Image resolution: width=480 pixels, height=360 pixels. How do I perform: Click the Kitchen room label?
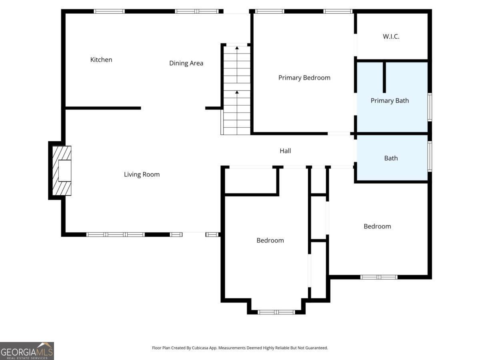(x=101, y=60)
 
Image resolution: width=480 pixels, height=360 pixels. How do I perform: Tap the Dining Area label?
(x=186, y=63)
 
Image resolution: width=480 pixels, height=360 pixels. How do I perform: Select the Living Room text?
(x=142, y=174)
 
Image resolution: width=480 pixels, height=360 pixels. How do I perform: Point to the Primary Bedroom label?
(x=304, y=78)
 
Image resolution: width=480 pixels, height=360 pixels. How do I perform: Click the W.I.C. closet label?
(x=391, y=36)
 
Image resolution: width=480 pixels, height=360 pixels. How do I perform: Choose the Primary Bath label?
(x=390, y=100)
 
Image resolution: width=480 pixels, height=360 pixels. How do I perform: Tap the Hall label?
(x=285, y=151)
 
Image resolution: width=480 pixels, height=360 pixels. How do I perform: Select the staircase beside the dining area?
(x=237, y=90)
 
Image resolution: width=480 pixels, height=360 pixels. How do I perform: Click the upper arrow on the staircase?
(x=237, y=48)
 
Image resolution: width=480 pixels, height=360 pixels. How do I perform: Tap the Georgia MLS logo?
(x=27, y=351)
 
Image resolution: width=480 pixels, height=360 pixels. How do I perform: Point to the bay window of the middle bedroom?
(x=276, y=312)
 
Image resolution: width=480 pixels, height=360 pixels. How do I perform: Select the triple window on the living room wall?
(x=116, y=234)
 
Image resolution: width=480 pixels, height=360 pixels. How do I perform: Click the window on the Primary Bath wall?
(x=430, y=107)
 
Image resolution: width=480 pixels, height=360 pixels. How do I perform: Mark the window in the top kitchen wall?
(x=109, y=11)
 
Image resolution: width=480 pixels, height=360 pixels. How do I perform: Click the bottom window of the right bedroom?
(x=379, y=277)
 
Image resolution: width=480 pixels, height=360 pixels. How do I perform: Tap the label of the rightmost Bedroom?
(x=377, y=226)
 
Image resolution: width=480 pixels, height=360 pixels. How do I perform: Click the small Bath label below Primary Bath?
(x=391, y=158)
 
